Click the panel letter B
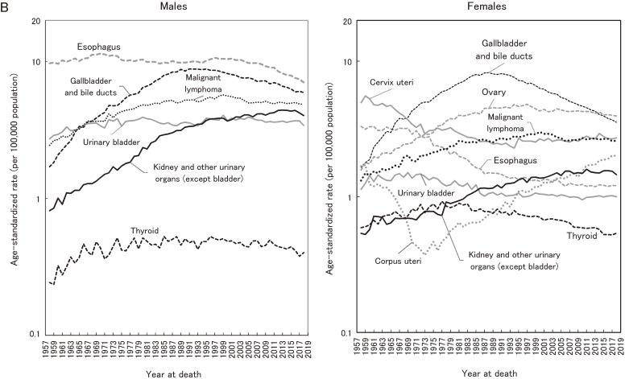click(6, 6)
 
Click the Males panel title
click(176, 6)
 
